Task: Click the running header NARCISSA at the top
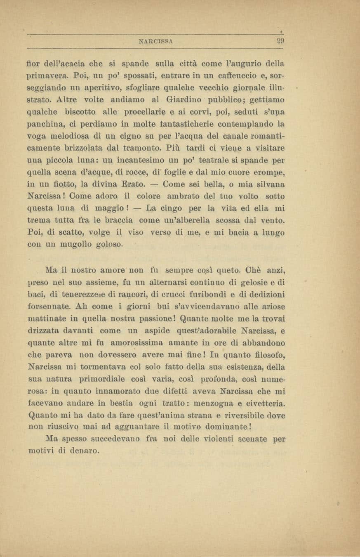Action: click(156, 41)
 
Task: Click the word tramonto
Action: click(146, 147)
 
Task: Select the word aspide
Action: click(165, 330)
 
